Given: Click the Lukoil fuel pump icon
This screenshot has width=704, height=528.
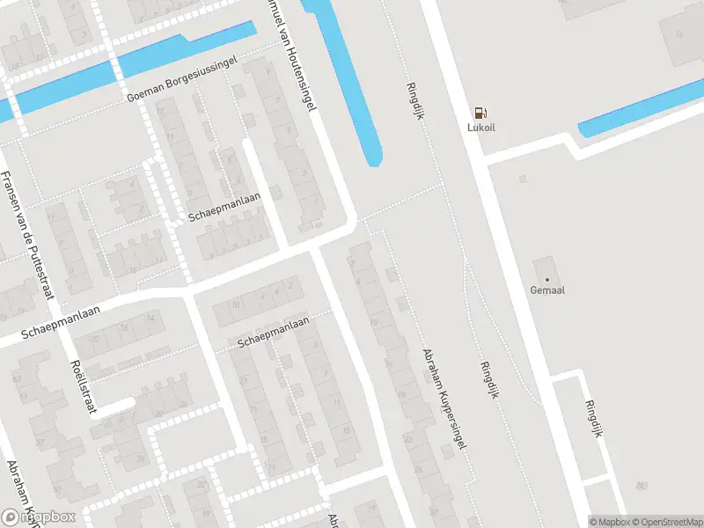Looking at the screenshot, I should click(480, 113).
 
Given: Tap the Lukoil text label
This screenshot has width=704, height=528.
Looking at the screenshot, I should click(480, 128).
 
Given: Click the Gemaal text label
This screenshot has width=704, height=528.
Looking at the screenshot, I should click(546, 290).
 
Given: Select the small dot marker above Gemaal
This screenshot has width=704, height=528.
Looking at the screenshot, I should click(546, 280).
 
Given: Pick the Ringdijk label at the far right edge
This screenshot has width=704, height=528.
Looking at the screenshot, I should click(594, 420).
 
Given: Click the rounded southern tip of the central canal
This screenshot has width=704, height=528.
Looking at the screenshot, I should click(374, 159).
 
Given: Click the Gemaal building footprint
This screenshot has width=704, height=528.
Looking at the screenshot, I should click(545, 268).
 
